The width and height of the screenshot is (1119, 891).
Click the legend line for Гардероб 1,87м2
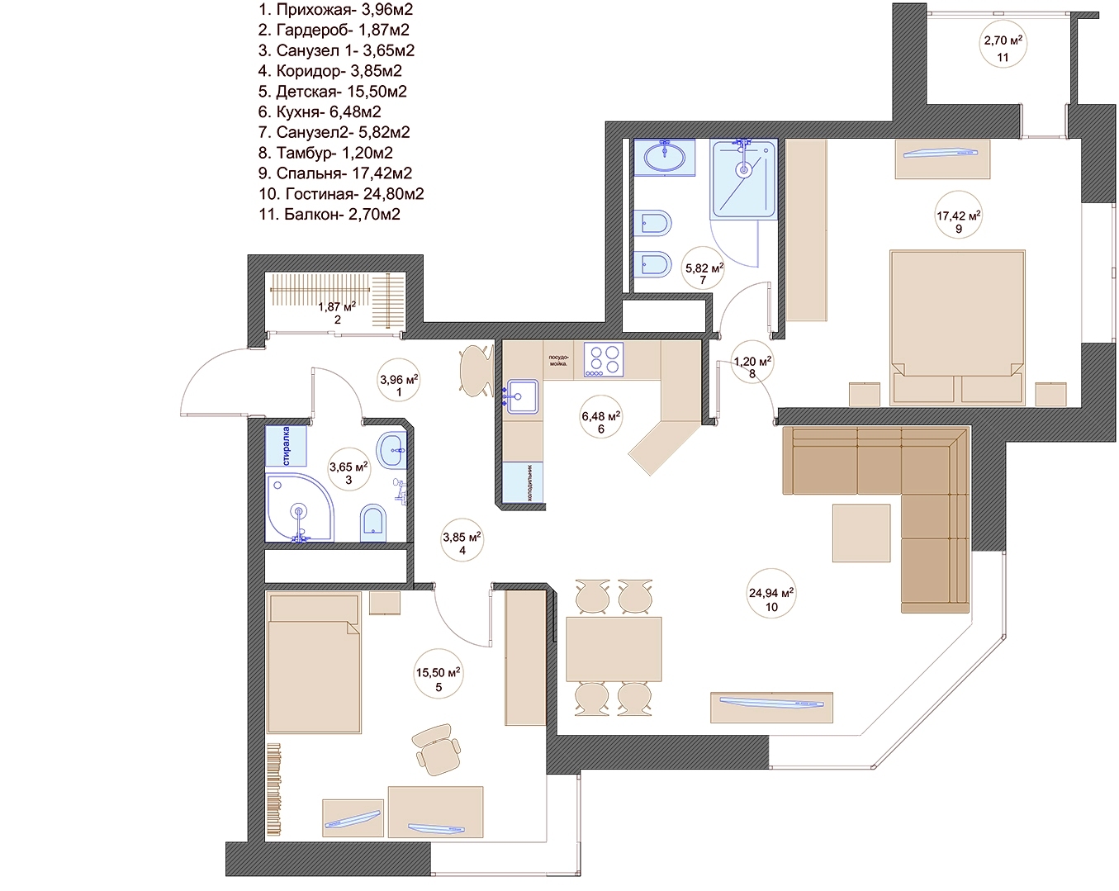(x=334, y=31)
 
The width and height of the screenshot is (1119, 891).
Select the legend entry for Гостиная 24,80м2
(x=341, y=194)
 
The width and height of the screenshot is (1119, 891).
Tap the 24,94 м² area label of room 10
(x=771, y=592)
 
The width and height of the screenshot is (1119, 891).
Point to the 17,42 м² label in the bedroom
(x=958, y=215)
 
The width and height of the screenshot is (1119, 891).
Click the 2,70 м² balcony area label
(x=1003, y=40)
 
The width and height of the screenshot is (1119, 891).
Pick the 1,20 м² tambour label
(x=752, y=361)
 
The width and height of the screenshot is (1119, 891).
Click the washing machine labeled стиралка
(x=286, y=446)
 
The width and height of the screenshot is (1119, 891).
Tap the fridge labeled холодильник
(x=523, y=482)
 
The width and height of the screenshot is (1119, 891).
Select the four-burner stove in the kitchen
(x=603, y=359)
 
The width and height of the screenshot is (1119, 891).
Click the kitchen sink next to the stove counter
(x=522, y=397)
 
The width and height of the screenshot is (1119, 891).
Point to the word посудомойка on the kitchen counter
(x=558, y=361)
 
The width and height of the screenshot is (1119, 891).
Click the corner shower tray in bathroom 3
(x=300, y=508)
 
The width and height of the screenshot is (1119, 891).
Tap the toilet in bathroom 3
(x=372, y=522)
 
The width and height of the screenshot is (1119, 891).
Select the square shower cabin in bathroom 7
(x=744, y=178)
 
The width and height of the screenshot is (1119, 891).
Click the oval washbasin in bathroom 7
(x=665, y=157)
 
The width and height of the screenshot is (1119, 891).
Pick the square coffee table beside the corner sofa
(x=861, y=533)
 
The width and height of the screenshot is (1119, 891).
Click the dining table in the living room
(x=614, y=648)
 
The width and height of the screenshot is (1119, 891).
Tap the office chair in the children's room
(x=436, y=750)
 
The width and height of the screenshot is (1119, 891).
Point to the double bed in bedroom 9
(x=957, y=327)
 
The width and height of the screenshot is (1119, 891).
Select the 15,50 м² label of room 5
(x=438, y=672)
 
